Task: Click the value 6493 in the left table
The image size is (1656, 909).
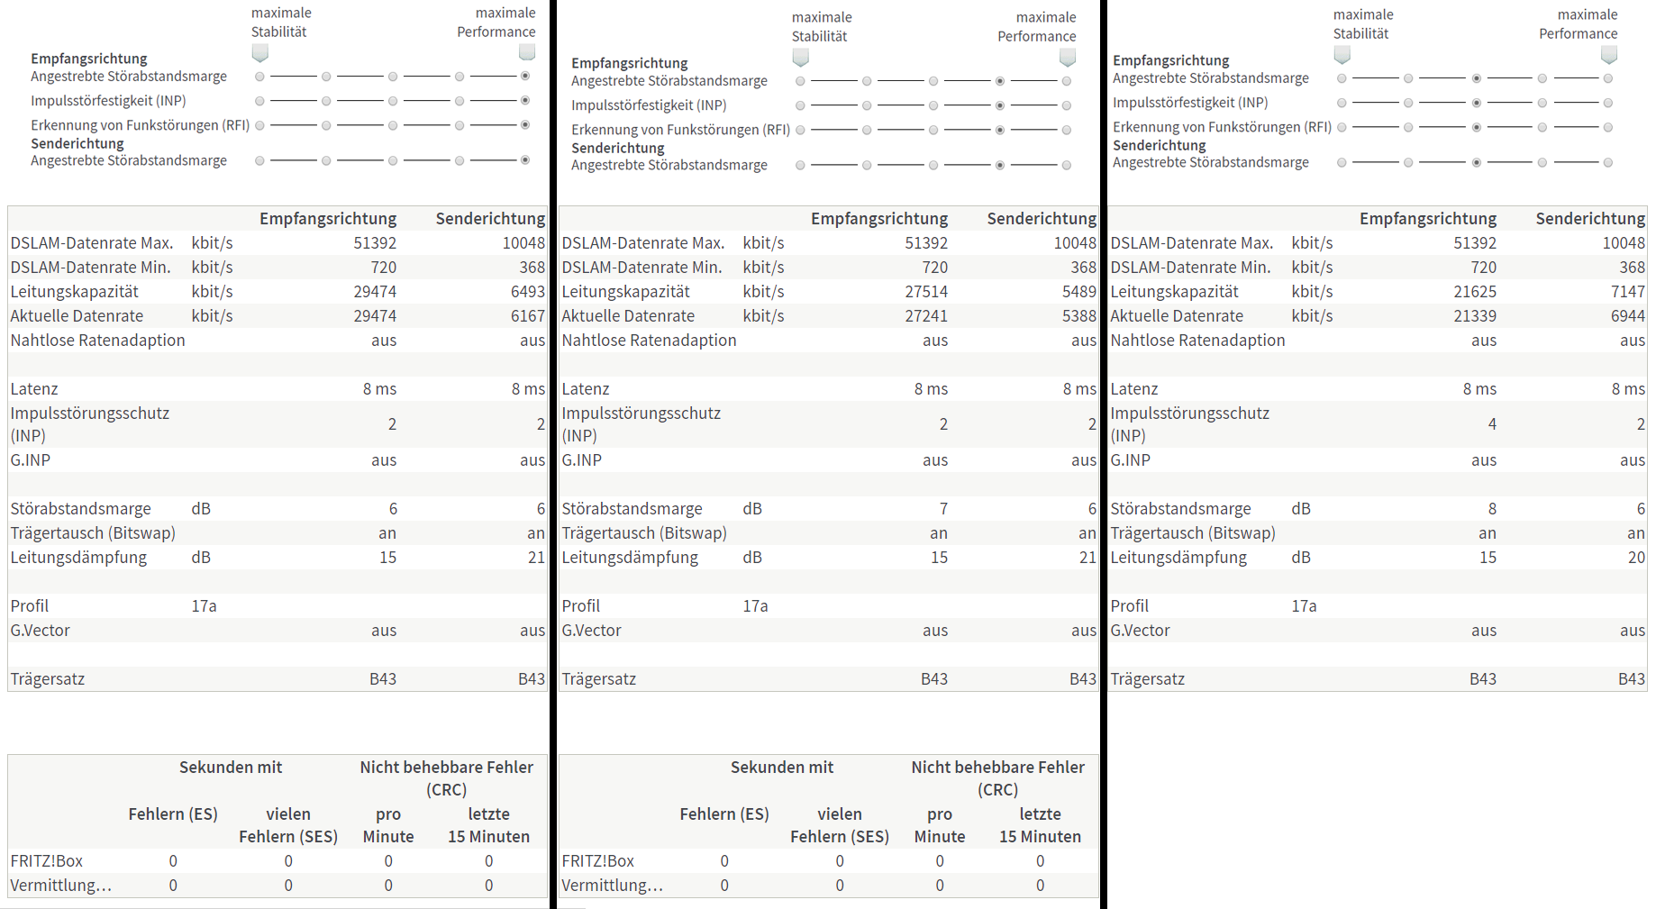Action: tap(527, 292)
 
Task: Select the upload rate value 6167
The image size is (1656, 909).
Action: tap(527, 316)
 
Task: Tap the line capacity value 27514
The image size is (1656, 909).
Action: tap(926, 292)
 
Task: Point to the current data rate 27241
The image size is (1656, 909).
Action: tap(926, 316)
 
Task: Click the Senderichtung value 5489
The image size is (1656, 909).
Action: tap(1078, 292)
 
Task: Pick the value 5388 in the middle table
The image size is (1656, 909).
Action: tap(1078, 316)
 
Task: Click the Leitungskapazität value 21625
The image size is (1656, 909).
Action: tap(1475, 292)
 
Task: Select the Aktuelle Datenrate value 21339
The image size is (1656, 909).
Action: tap(1475, 316)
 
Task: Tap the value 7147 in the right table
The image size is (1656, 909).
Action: tap(1627, 292)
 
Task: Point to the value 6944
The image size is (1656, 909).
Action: tap(1627, 316)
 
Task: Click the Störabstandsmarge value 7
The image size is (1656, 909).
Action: tap(943, 509)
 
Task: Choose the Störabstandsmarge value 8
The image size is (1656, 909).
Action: tap(1492, 509)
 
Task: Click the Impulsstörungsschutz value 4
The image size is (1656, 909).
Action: tap(1492, 424)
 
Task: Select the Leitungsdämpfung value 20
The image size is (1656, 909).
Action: tap(1636, 558)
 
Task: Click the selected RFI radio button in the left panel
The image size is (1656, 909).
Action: tap(525, 125)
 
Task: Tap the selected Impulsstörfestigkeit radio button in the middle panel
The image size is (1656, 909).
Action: tap(1000, 105)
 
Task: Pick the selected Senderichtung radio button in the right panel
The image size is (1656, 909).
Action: tap(1476, 163)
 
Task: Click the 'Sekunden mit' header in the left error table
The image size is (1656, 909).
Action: tap(231, 768)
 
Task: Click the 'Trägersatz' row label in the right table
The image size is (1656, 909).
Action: tap(1147, 679)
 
